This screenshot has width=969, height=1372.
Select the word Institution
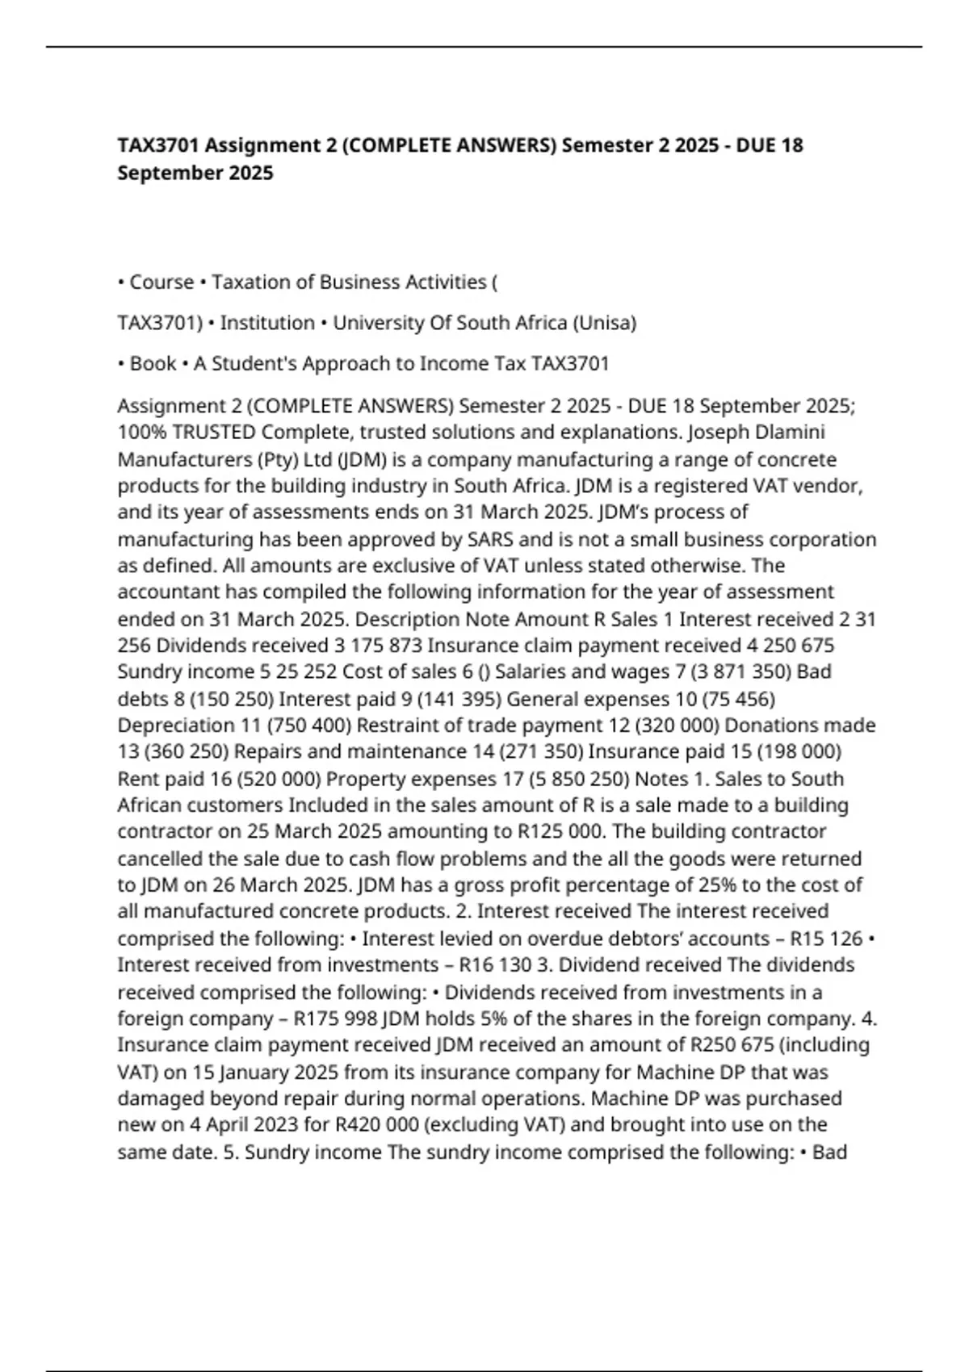pyautogui.click(x=267, y=323)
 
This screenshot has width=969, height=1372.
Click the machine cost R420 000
pyautogui.click(x=378, y=1125)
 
